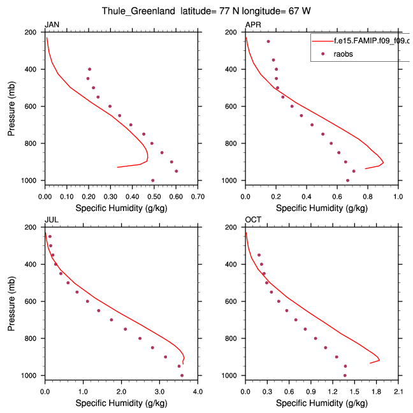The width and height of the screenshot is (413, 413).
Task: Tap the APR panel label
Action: pyautogui.click(x=252, y=25)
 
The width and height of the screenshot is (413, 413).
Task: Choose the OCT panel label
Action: pyautogui.click(x=253, y=220)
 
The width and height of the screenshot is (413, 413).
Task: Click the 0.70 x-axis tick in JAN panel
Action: pyautogui.click(x=198, y=196)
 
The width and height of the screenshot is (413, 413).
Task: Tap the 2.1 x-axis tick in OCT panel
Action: pyautogui.click(x=398, y=391)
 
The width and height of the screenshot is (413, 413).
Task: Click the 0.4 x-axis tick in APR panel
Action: pyautogui.click(x=307, y=196)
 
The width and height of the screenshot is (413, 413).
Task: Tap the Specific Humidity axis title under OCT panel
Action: pyautogui.click(x=322, y=403)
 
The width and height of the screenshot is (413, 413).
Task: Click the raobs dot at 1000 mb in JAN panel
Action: pyautogui.click(x=152, y=180)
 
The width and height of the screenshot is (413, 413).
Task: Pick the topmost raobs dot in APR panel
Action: pyautogui.click(x=268, y=41)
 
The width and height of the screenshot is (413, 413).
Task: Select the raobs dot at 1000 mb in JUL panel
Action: pyautogui.click(x=182, y=375)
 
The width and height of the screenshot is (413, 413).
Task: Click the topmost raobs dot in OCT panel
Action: pyautogui.click(x=259, y=255)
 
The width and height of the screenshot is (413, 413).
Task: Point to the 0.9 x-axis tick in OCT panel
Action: pyautogui.click(x=311, y=391)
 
